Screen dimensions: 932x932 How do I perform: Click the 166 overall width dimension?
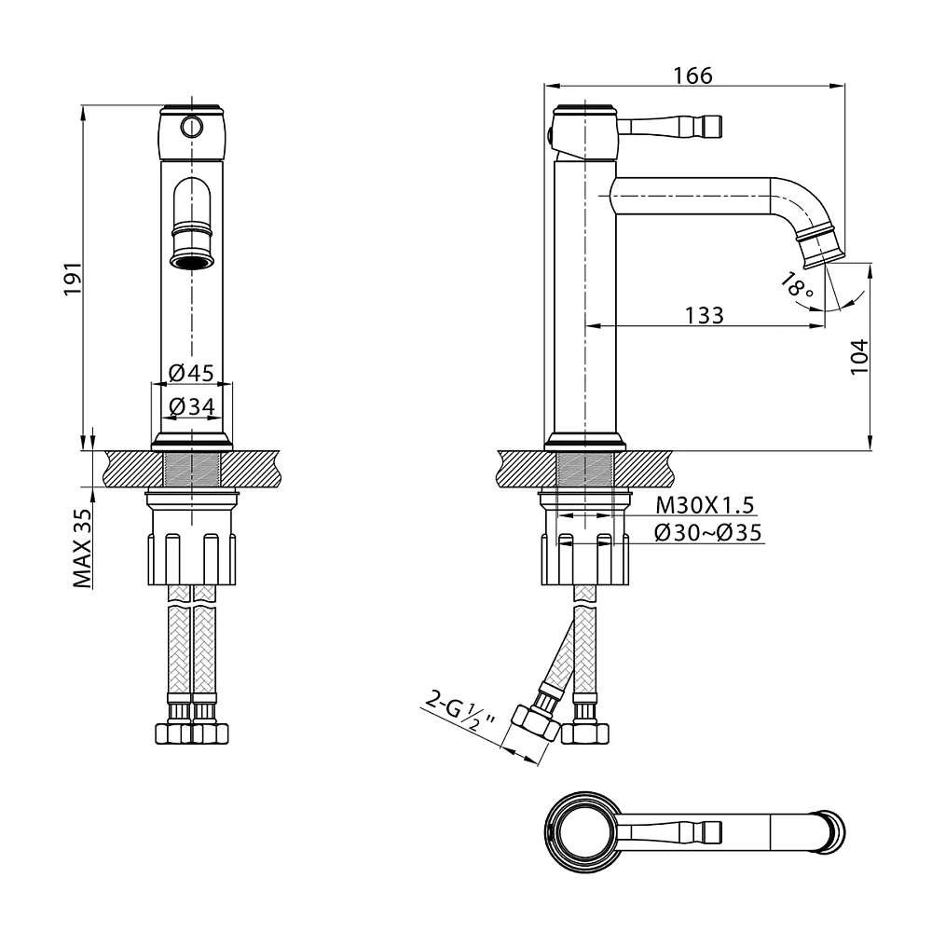click(x=692, y=75)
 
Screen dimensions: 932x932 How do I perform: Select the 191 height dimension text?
click(x=74, y=277)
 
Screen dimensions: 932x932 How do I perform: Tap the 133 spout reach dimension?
click(x=705, y=315)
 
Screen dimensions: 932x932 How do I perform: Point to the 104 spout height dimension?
click(x=859, y=356)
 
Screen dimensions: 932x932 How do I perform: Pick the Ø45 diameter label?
click(x=191, y=373)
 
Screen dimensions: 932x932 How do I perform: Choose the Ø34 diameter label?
click(x=191, y=406)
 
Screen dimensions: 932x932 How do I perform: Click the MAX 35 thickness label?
click(x=83, y=549)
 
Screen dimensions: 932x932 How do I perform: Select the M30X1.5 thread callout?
click(x=705, y=505)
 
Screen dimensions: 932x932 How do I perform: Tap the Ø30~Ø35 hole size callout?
click(x=707, y=532)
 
